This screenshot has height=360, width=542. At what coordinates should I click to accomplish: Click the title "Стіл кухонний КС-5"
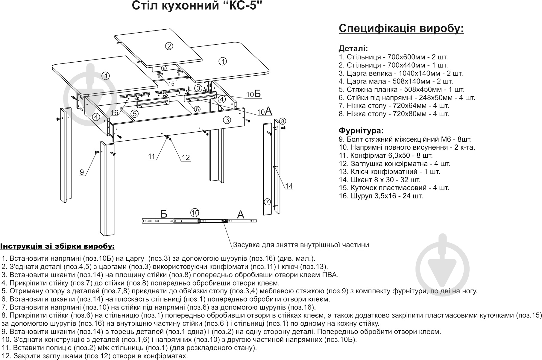coord(195,6)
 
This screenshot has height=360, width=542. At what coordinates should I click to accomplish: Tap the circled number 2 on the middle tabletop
coord(169,46)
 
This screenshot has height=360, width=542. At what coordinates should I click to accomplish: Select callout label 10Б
coord(253,94)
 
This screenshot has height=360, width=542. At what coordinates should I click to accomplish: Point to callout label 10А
coord(264,112)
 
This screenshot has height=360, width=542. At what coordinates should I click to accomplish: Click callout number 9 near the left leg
coord(82,172)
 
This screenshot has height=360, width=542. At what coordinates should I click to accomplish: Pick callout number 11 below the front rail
coord(152,157)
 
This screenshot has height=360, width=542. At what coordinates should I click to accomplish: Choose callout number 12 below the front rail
coord(186,158)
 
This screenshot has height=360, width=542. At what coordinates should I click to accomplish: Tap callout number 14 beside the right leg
coord(289,186)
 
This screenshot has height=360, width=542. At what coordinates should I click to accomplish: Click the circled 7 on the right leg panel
coord(267,201)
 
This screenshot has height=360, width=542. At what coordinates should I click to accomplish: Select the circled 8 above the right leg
coord(283,121)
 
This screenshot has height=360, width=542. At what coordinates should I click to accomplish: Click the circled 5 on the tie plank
coord(135,114)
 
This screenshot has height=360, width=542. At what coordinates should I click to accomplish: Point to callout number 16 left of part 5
coord(115,113)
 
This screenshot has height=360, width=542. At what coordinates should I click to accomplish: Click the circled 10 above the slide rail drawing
coord(195,213)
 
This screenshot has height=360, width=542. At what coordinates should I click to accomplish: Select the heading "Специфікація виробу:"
coord(401,29)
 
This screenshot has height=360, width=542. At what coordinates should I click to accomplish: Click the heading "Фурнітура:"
coord(361,131)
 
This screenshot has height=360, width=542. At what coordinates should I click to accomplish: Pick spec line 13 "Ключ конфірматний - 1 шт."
coord(389,172)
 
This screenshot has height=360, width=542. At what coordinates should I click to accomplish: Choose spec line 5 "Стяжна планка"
coord(401,89)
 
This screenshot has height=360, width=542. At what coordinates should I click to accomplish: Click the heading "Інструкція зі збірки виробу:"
coord(57,246)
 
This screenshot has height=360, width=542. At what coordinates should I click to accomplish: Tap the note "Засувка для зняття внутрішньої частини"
coord(301,245)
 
